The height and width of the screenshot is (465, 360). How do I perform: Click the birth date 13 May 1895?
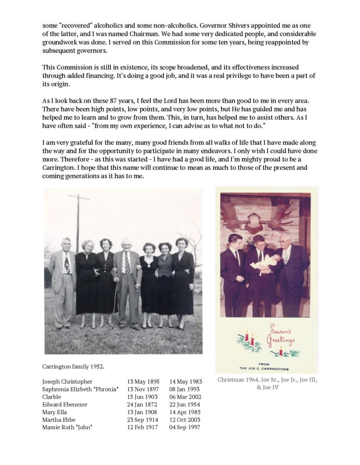(x=142, y=381)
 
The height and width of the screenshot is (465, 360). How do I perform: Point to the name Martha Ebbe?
(x=59, y=420)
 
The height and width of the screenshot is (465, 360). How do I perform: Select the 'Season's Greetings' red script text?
(x=282, y=335)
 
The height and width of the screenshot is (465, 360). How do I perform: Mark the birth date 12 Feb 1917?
(x=142, y=428)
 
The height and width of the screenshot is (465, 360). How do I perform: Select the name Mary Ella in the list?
(x=55, y=412)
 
